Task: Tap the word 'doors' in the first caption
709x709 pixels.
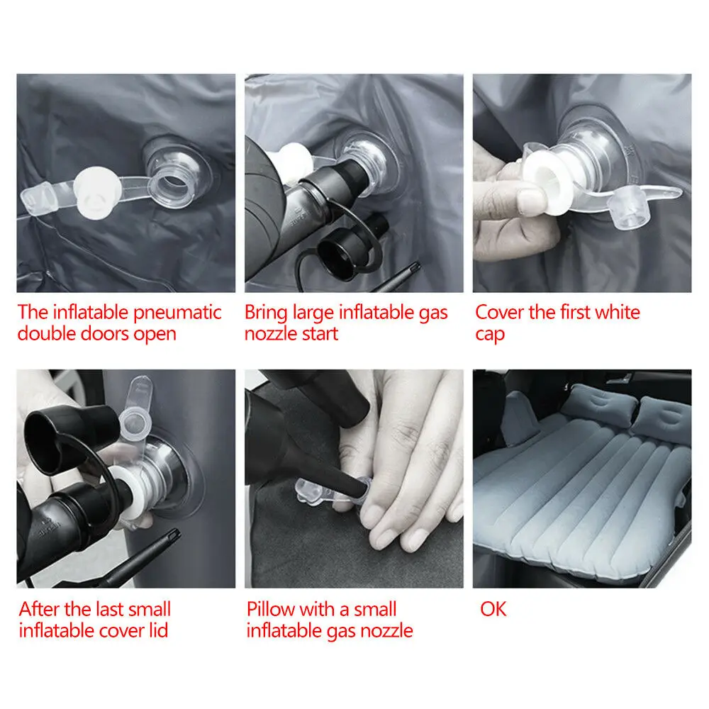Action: point(99,334)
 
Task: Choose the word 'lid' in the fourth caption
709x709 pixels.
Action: point(156,630)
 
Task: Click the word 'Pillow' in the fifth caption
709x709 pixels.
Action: point(270,609)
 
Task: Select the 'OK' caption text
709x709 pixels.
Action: point(493,609)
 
